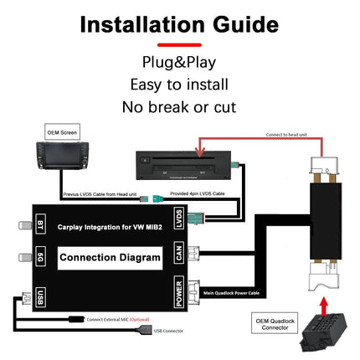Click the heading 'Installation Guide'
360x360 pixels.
(x=180, y=23)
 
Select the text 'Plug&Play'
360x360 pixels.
(x=179, y=63)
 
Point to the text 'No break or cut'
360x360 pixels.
(x=179, y=106)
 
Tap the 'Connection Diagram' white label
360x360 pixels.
(x=111, y=257)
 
